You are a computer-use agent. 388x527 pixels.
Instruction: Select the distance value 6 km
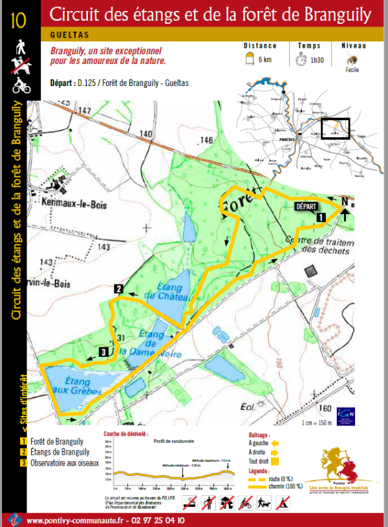[264, 59]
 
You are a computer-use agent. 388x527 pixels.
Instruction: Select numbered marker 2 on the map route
[119, 288]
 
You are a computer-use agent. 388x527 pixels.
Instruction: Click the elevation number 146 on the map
[206, 140]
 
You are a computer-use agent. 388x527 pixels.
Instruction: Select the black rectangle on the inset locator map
[335, 129]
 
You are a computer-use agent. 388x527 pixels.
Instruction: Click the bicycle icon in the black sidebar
[19, 85]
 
